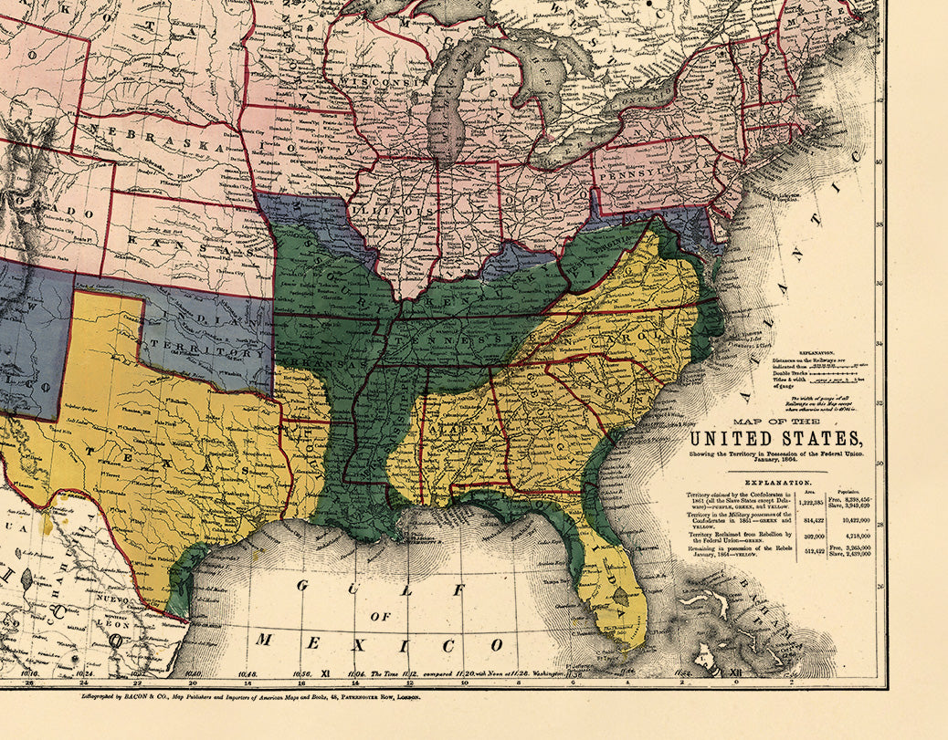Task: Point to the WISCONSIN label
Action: (374, 82)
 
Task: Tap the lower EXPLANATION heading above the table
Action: (777, 481)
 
